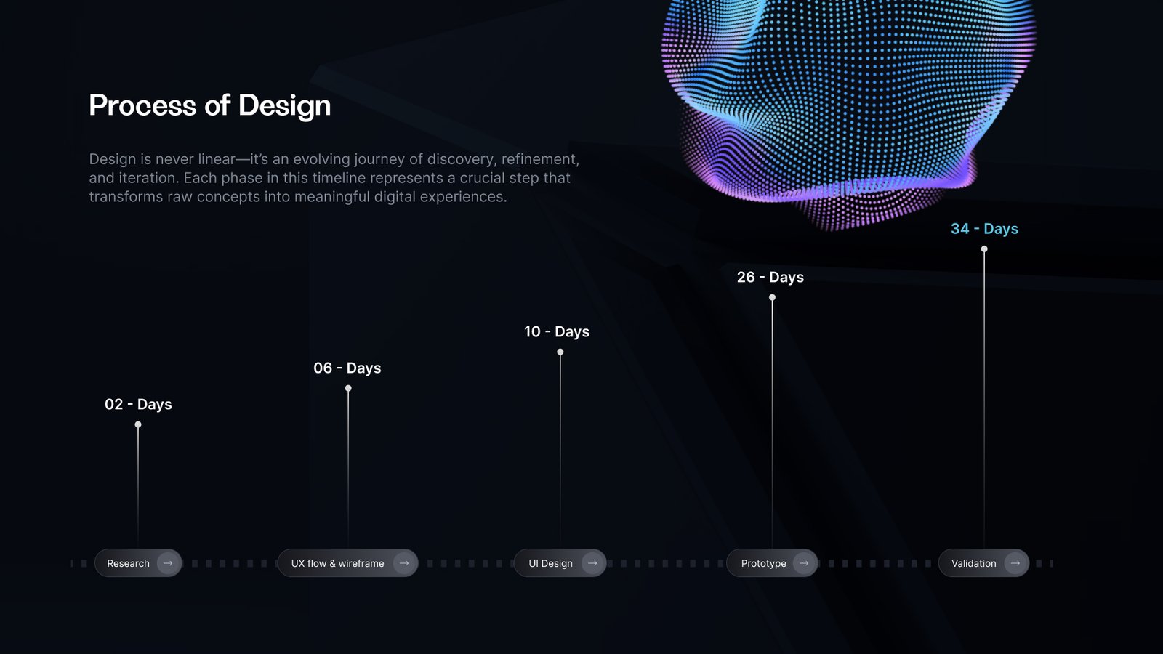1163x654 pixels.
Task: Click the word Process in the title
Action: (142, 105)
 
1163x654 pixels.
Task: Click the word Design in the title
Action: (284, 106)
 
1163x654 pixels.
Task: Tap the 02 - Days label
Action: (138, 404)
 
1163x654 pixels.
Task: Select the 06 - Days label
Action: (347, 368)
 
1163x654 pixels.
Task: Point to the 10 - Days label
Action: (557, 331)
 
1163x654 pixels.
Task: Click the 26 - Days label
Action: (770, 277)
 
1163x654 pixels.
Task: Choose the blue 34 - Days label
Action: (984, 229)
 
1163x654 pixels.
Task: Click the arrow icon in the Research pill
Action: (168, 563)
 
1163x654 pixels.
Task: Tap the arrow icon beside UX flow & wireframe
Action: (404, 563)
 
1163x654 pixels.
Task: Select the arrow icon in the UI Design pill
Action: (592, 563)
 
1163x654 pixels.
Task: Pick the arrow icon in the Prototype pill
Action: (804, 563)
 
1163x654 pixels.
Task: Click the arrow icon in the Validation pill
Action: (1015, 563)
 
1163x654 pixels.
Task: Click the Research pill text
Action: (128, 563)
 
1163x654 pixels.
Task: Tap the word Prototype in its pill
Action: (764, 564)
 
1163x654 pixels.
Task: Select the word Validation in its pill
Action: (974, 563)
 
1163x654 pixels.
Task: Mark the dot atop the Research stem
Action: (138, 424)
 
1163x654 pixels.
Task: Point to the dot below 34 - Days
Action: (984, 249)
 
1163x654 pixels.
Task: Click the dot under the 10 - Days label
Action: (560, 352)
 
